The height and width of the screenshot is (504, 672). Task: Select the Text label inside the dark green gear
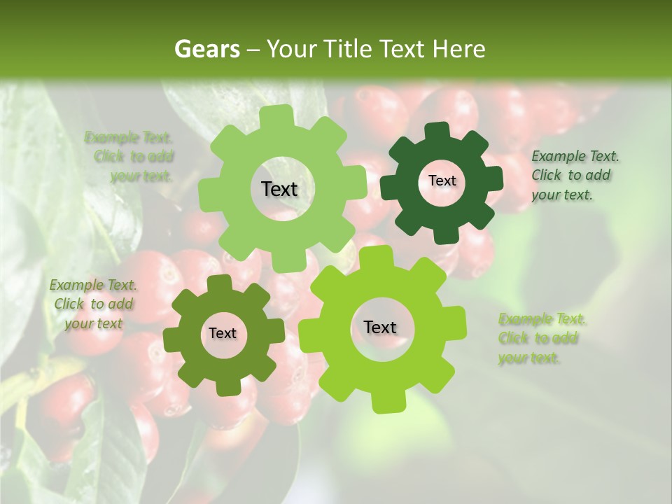(x=442, y=181)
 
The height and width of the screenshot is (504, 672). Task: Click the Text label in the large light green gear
(x=279, y=189)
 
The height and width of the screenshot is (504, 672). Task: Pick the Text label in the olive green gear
(x=223, y=333)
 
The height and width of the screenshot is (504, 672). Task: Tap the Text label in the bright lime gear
(x=380, y=327)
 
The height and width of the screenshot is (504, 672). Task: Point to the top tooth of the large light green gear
(x=281, y=115)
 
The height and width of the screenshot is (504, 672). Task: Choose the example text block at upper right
(x=575, y=175)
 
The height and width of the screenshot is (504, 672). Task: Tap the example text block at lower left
(x=93, y=304)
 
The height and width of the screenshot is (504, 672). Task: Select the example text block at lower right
(x=542, y=339)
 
